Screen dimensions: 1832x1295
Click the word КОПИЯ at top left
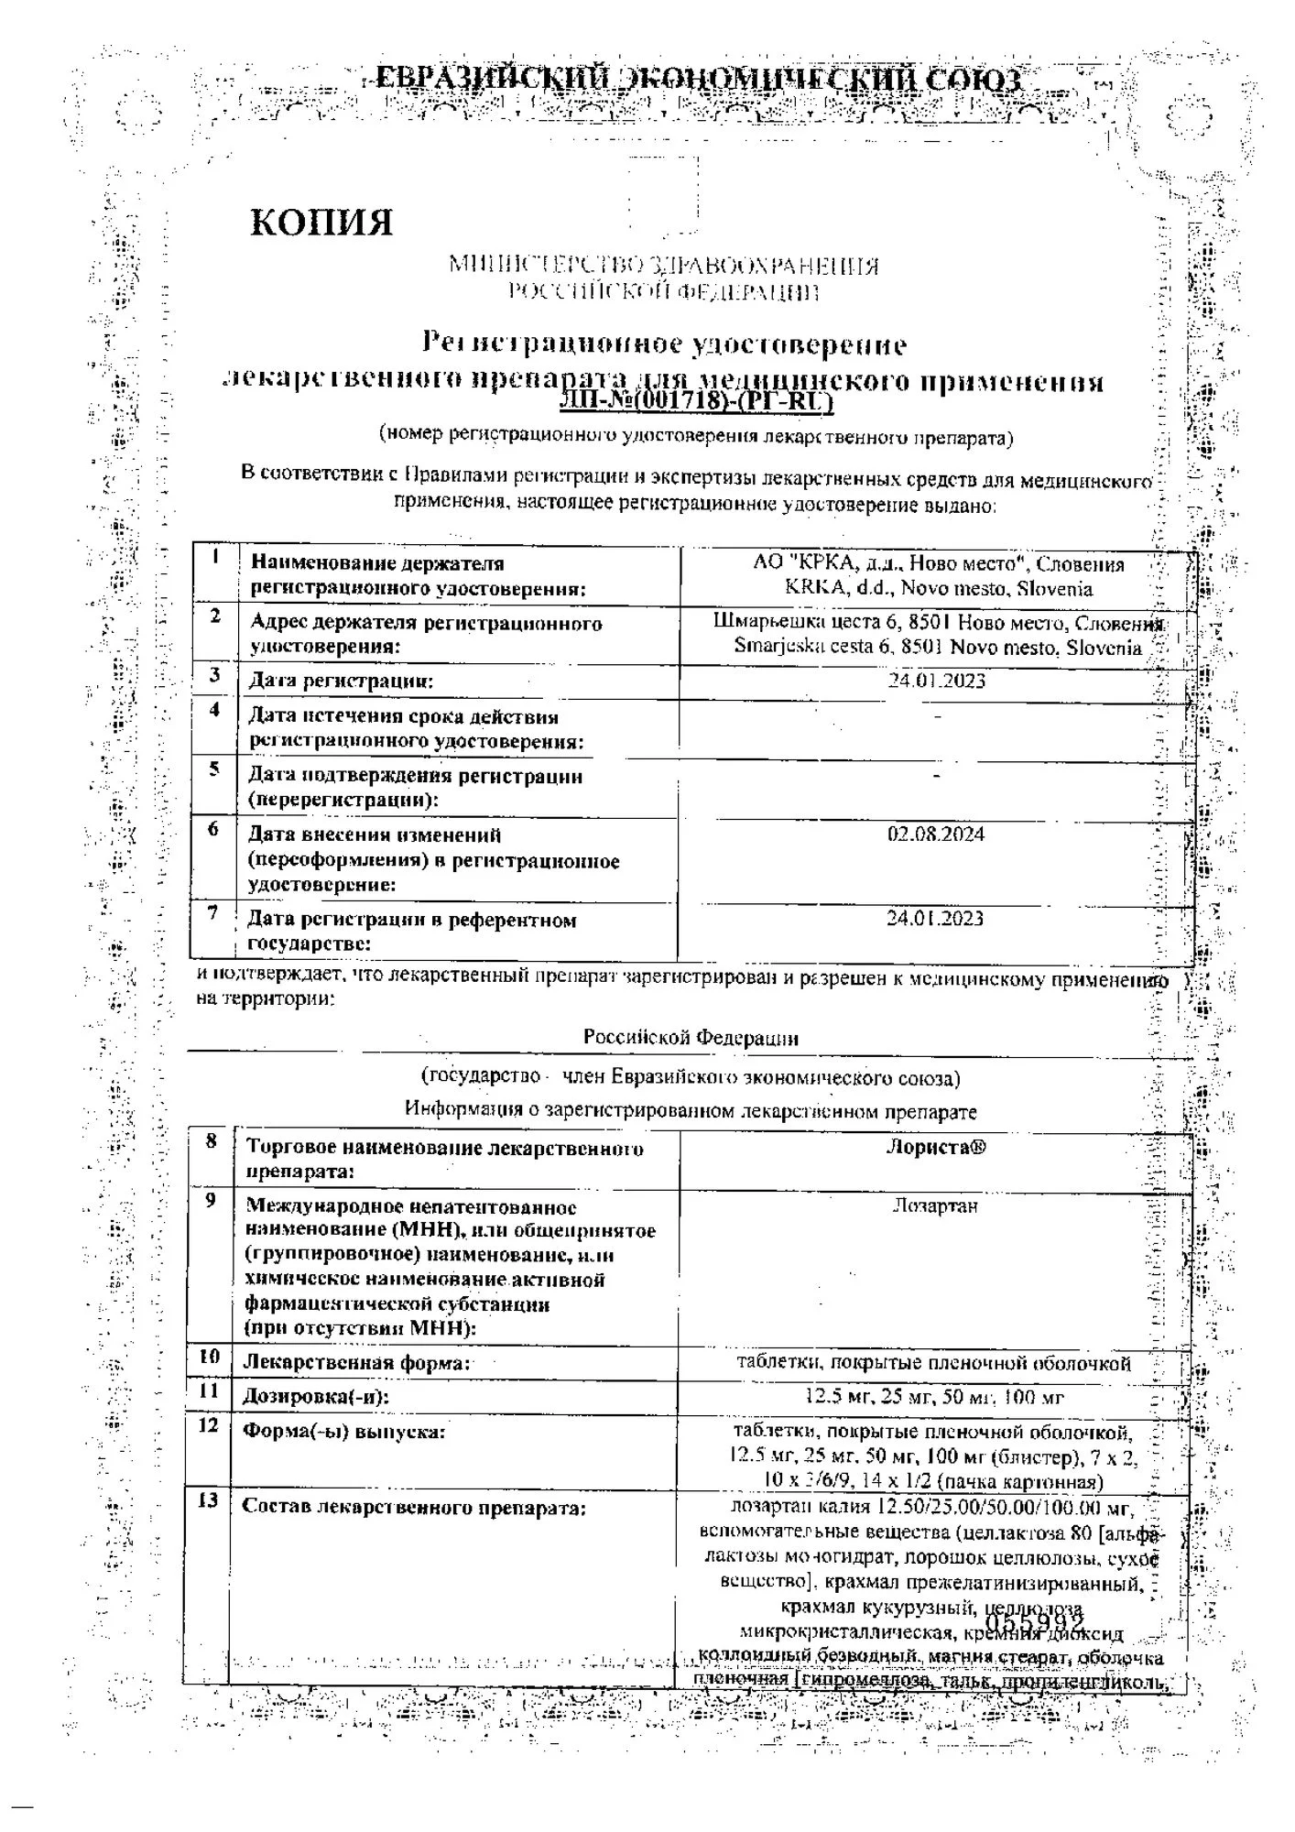(321, 223)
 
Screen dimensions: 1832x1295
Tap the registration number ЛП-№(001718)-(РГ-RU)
(696, 400)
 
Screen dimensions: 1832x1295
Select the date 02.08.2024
(935, 834)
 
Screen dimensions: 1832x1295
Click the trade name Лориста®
(935, 1147)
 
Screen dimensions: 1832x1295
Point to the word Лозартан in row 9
(935, 1205)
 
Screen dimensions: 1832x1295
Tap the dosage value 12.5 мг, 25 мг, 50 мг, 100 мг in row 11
(934, 1397)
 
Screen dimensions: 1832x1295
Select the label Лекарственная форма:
(356, 1362)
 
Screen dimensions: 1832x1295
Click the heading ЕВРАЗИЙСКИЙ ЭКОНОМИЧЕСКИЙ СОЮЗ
(699, 81)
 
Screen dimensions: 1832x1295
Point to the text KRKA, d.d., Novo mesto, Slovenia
(938, 589)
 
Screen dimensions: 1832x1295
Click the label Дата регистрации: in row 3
(341, 681)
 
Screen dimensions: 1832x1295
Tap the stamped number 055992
(1034, 1626)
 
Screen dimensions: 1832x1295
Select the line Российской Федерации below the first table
(691, 1038)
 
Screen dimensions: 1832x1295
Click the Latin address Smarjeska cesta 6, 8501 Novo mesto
(938, 647)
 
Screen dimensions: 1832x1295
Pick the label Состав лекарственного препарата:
(413, 1507)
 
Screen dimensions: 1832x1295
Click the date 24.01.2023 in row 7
(934, 918)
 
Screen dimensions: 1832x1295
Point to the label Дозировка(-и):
(315, 1397)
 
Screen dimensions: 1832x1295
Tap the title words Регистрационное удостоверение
(664, 344)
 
